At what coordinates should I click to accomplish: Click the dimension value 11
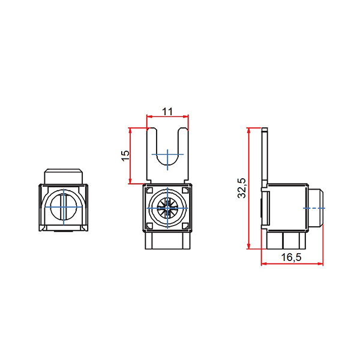click(x=167, y=112)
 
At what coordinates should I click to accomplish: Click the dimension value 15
click(x=125, y=156)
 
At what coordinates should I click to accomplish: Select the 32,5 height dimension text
click(x=242, y=188)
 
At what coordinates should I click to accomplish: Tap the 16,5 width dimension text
click(x=291, y=257)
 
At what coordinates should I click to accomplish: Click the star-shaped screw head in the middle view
click(x=167, y=208)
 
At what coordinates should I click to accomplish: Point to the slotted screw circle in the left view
click(x=64, y=207)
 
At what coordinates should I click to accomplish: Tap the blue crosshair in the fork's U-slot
click(x=167, y=154)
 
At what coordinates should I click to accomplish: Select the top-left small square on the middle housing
click(x=149, y=190)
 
